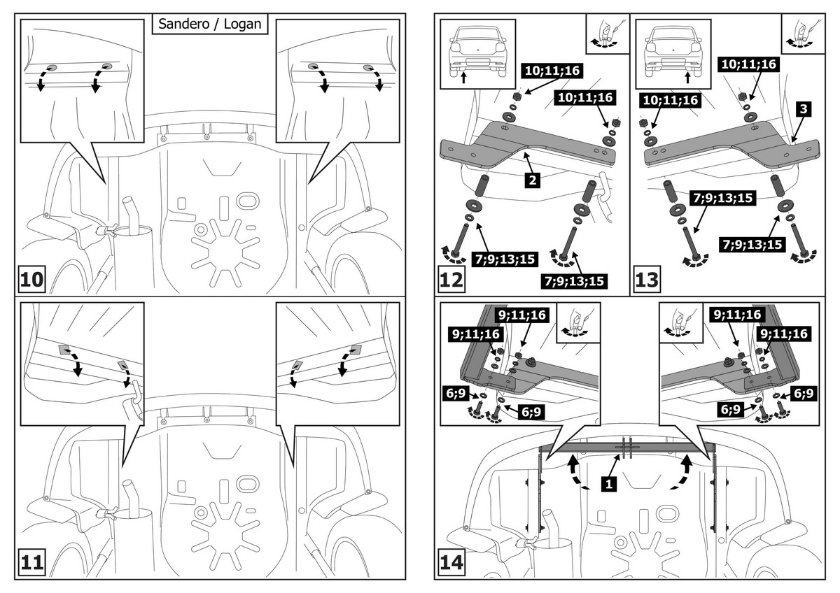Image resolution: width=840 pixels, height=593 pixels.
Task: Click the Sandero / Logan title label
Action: click(210, 23)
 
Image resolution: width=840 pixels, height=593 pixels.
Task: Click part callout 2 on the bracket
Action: click(534, 181)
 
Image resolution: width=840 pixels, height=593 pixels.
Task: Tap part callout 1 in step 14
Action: click(609, 483)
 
